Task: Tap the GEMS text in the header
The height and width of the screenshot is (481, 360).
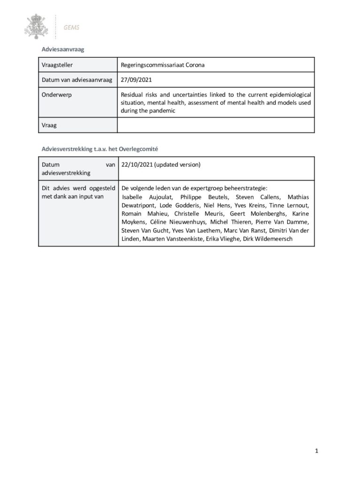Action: (x=72, y=27)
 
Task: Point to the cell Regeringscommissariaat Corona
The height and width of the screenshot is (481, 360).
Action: (x=162, y=65)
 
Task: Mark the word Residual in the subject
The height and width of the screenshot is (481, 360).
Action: (x=132, y=94)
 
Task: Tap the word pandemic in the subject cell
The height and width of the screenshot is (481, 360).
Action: (x=164, y=111)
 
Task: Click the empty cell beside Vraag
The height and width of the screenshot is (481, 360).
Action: (x=216, y=125)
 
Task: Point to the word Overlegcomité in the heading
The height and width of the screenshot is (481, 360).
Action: (x=139, y=149)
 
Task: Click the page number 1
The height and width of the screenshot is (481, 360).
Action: (x=317, y=451)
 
